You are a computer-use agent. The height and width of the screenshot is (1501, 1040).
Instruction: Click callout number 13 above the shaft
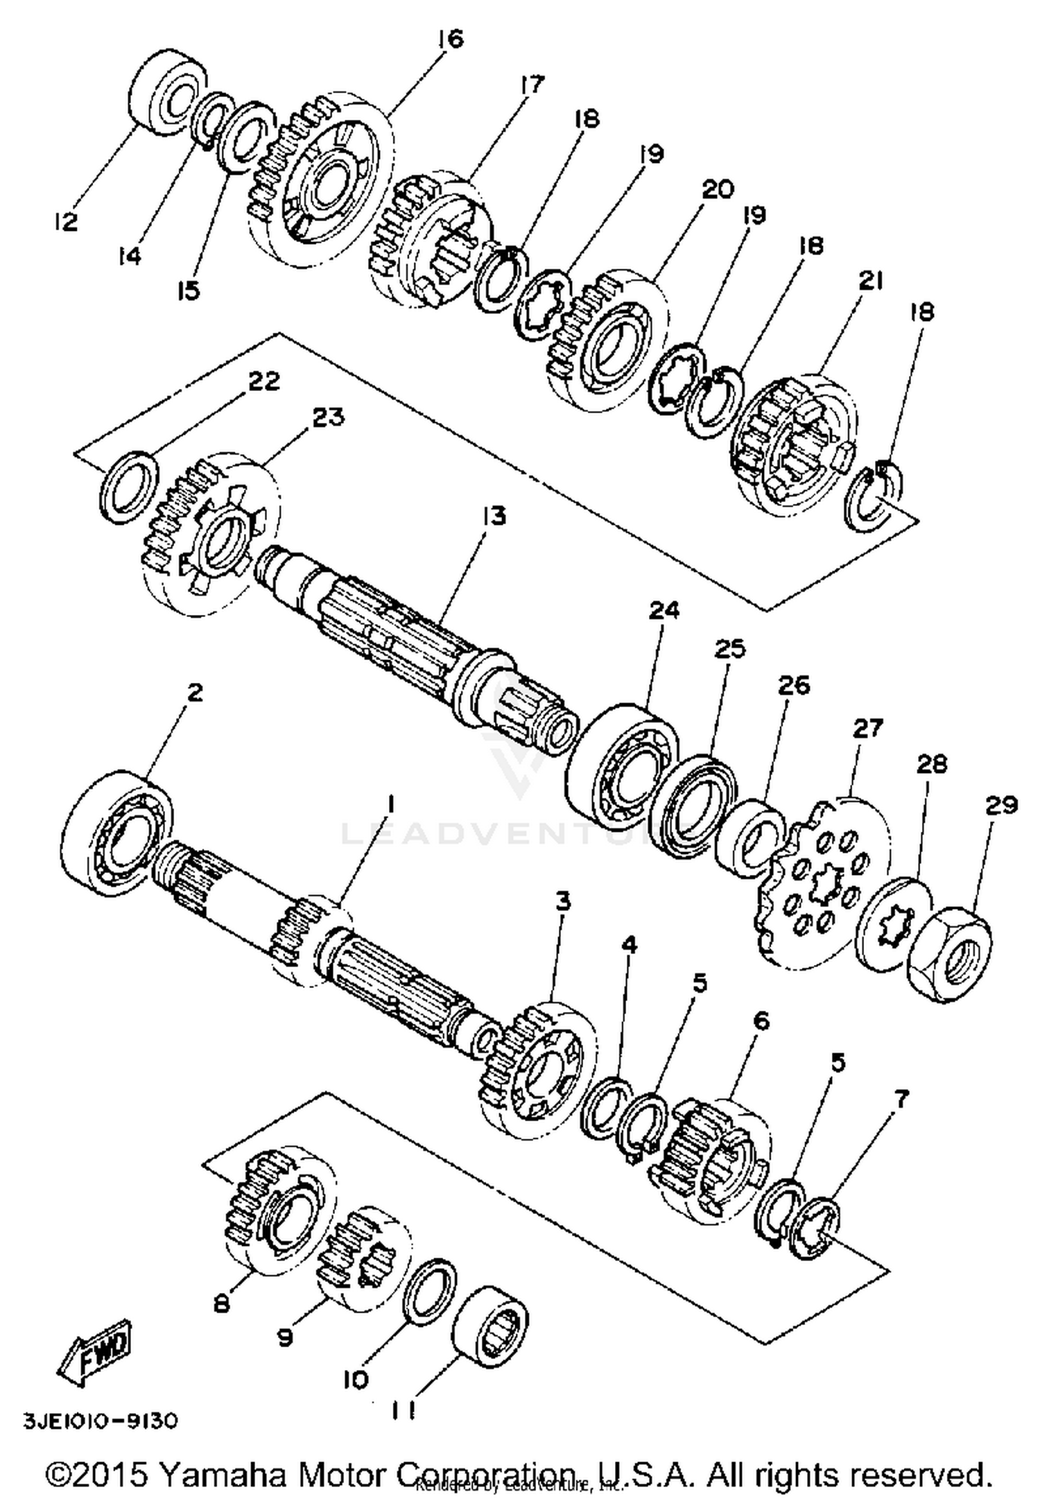(495, 516)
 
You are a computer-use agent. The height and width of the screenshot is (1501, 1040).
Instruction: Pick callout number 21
(871, 280)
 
